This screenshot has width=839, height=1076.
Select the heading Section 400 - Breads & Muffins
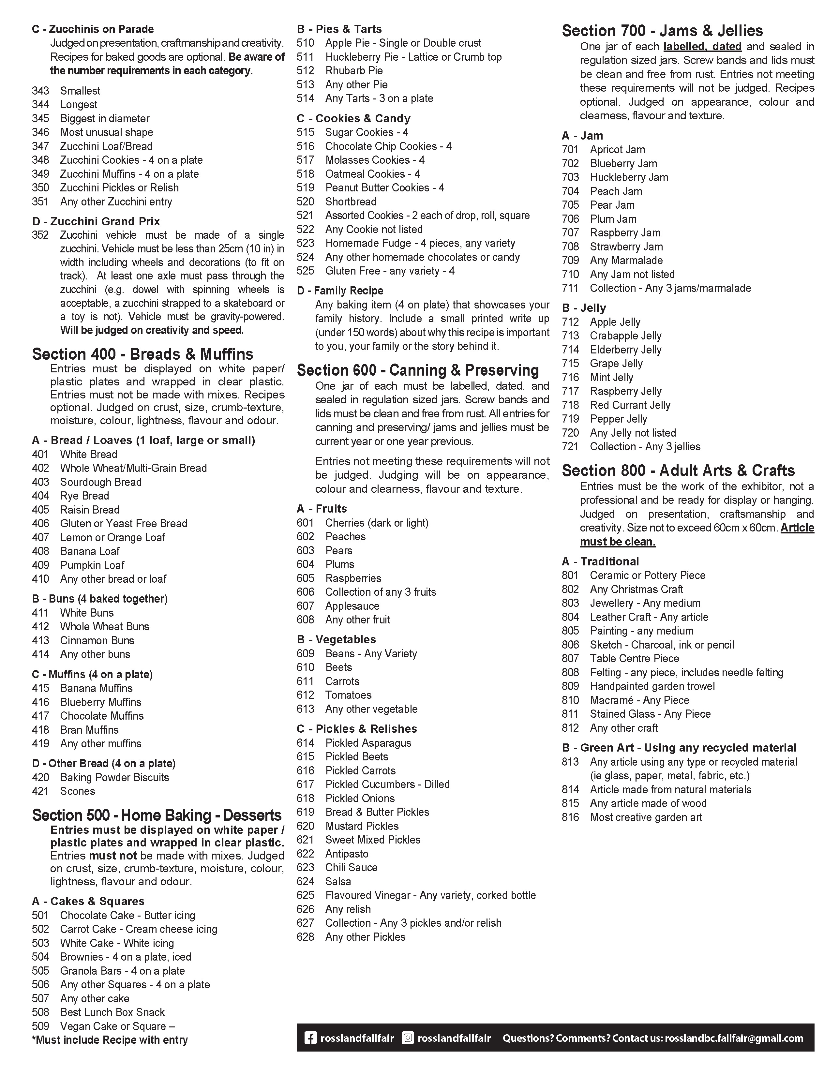tap(143, 354)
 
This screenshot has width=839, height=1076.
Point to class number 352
tap(40, 235)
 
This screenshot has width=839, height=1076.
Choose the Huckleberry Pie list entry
tap(413, 57)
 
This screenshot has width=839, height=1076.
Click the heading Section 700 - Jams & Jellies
tap(662, 31)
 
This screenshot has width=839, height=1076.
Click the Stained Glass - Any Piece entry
tap(650, 714)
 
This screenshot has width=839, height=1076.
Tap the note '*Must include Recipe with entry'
tap(110, 1040)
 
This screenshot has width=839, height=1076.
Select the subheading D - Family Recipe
tap(340, 291)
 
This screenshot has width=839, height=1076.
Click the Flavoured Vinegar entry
tap(430, 895)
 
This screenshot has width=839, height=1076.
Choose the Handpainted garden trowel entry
tap(652, 686)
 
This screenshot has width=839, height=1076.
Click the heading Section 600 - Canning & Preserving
tap(418, 370)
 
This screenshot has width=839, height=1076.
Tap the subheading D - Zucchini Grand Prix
tap(96, 221)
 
